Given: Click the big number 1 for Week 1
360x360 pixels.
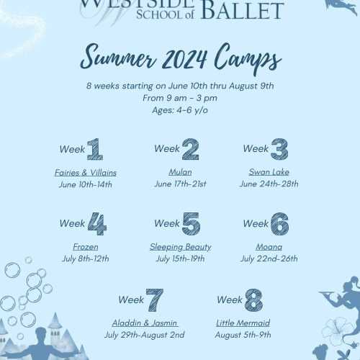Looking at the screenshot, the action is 95,149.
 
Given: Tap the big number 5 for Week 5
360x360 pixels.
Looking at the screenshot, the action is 192,224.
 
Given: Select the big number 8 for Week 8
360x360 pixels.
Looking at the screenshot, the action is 254,300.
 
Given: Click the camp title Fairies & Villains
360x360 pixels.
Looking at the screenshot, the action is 86,173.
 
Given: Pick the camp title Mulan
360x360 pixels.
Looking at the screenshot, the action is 180,172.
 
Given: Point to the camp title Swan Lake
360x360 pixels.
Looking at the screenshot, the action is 269,172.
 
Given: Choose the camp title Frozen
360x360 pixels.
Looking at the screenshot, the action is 86,247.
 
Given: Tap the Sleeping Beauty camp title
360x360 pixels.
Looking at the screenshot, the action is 181,247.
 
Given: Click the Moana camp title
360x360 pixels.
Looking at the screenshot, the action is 269,247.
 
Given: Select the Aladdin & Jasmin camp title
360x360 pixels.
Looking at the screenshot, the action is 145,323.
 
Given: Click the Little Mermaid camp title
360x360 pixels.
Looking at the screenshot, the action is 243,323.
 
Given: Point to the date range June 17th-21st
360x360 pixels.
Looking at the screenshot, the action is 180,184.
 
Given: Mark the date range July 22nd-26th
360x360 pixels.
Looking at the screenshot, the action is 269,258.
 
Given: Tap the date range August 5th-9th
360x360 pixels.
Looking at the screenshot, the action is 243,335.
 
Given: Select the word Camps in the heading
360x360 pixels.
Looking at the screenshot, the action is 248,59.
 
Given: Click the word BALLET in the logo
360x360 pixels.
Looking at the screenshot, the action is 243,10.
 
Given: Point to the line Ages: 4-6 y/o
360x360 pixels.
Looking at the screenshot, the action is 180,110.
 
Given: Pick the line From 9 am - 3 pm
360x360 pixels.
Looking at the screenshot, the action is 180,98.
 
